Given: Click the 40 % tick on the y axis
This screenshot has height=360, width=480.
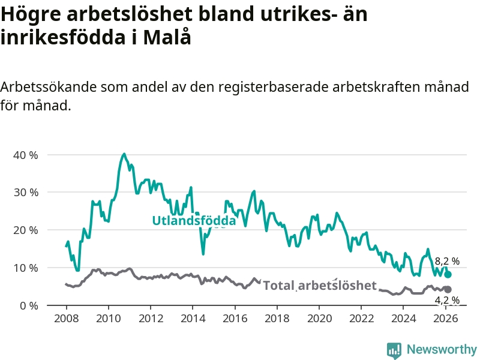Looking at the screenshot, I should click(25, 155).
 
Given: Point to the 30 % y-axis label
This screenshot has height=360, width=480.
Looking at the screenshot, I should click(25, 193).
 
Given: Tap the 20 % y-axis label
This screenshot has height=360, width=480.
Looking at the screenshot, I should click(25, 230).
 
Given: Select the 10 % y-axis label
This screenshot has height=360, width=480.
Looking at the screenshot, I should click(25, 268).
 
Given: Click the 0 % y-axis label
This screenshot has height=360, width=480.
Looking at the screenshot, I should click(28, 305).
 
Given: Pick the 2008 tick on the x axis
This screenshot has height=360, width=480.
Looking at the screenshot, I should click(65, 318).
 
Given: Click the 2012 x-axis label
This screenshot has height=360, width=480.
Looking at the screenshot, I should click(150, 318).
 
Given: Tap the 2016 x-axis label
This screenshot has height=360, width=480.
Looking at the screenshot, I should click(235, 318).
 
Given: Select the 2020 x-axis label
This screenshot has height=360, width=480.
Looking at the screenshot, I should click(319, 318).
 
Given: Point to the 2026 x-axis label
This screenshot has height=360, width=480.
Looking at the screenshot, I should click(446, 318).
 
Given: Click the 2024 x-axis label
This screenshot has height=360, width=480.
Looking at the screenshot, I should click(404, 318).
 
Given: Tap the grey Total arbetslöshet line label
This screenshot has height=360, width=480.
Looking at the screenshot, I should click(320, 286).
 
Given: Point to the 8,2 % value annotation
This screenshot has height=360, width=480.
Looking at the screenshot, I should click(447, 262).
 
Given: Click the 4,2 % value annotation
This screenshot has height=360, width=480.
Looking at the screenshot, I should click(447, 300).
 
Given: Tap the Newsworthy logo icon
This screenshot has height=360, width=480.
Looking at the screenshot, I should click(394, 350).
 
